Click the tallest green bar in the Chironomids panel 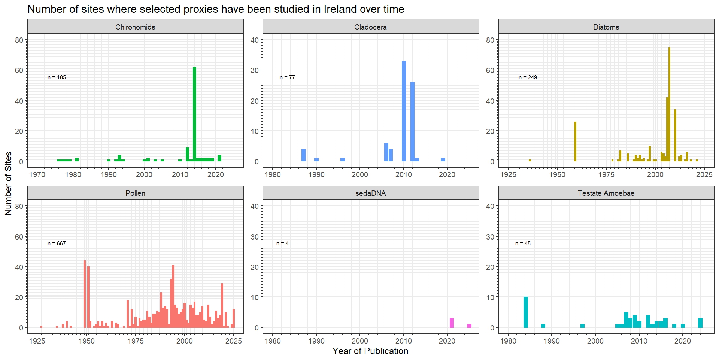194,114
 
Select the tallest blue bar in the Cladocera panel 404,111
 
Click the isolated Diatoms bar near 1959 575,141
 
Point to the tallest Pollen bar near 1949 85,294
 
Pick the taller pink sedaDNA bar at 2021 452,323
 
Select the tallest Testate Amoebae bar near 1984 526,312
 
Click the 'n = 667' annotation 57,244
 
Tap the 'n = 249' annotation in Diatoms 528,77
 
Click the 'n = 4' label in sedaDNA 282,244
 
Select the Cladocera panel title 370,27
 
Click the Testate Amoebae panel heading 606,193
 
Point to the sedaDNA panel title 370,193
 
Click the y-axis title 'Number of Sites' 8,183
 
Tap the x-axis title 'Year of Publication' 370,351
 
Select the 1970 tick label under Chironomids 37,174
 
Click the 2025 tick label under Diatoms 704,174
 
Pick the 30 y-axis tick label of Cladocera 255,70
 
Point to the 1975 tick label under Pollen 136,341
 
